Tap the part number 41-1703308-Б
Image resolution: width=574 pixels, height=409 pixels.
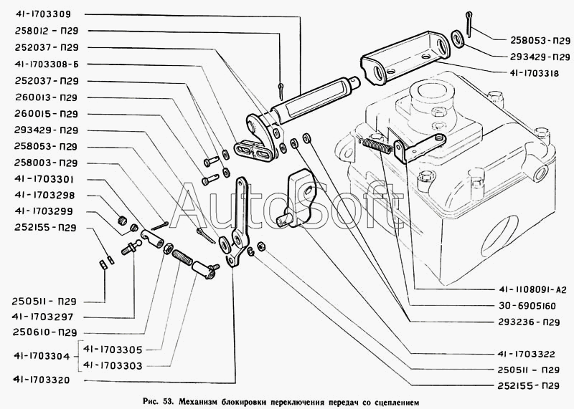[x=48, y=64]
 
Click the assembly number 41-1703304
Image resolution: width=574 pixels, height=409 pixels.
[x=43, y=357]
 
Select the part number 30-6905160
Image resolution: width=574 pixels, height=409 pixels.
[x=522, y=307]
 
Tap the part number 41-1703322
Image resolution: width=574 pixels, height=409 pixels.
[x=522, y=353]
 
